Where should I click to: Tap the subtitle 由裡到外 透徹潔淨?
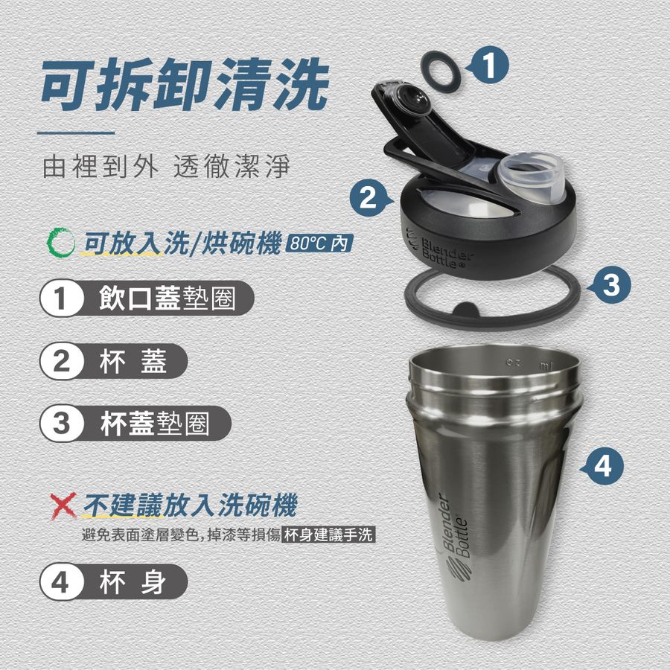click(x=167, y=167)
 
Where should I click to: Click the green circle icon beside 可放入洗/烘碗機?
click(x=61, y=243)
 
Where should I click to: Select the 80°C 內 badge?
click(x=319, y=243)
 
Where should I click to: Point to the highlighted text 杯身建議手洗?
click(x=328, y=535)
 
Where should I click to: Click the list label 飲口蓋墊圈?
click(x=167, y=299)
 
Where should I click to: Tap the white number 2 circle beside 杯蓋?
click(x=61, y=362)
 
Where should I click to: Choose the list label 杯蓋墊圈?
click(x=155, y=424)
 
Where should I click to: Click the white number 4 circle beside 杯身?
click(x=61, y=581)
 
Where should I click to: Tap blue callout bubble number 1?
click(x=489, y=66)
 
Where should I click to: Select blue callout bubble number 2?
click(x=370, y=198)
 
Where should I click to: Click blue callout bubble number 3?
click(x=610, y=285)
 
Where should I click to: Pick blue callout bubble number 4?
click(x=602, y=466)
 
